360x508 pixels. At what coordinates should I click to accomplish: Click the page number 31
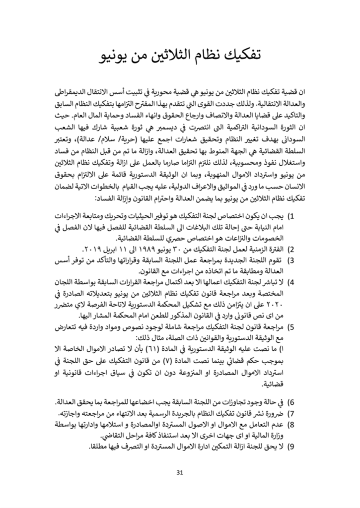tap(180, 471)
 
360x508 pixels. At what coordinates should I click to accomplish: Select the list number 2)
tap(292, 249)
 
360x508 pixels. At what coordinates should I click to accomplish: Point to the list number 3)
tap(292, 259)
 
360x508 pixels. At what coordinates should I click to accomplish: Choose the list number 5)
tap(292, 327)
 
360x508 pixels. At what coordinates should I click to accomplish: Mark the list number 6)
tap(292, 402)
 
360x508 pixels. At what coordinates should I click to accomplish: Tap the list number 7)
tap(292, 413)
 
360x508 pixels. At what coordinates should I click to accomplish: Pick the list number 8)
tap(292, 425)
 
